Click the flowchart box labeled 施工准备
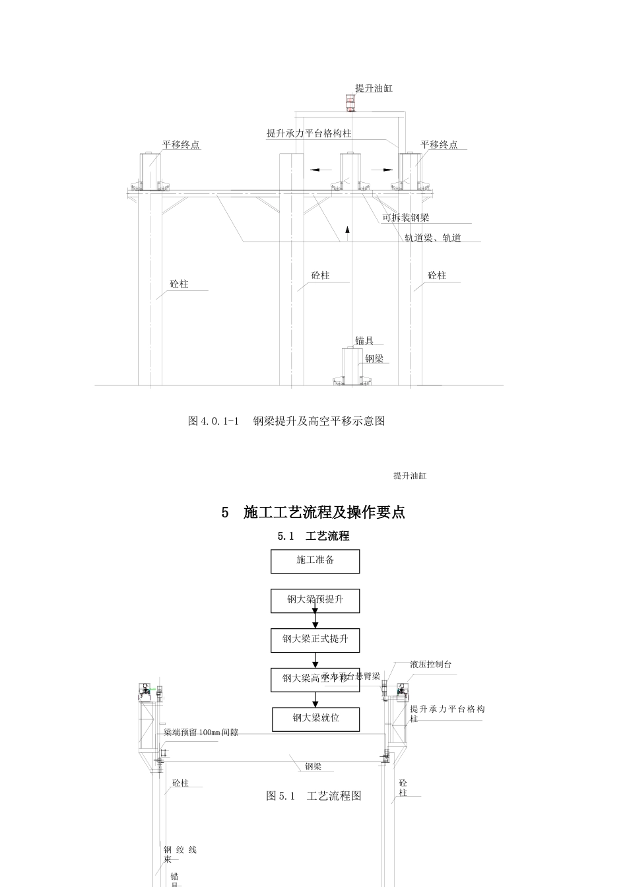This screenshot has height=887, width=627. [315, 561]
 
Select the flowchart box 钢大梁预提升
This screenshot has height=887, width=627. [315, 601]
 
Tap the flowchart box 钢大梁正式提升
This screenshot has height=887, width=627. [315, 640]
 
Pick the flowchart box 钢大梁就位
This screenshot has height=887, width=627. [315, 719]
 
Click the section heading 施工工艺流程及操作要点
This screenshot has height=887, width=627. [313, 512]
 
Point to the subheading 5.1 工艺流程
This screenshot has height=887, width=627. [313, 537]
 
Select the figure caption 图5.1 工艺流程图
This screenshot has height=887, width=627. [313, 796]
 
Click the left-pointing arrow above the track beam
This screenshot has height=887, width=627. [320, 170]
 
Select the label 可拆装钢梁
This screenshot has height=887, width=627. [407, 218]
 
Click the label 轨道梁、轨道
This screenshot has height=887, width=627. [432, 238]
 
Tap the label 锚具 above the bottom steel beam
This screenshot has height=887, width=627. [364, 341]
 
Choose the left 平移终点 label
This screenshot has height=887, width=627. [181, 145]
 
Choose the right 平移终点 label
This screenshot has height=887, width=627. [439, 145]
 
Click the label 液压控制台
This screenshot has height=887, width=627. [430, 665]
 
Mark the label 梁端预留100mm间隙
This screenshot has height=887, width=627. [201, 733]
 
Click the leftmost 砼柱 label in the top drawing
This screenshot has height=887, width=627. [179, 284]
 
